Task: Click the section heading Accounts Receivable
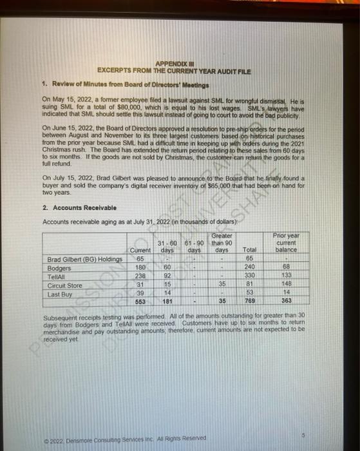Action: pos(81,208)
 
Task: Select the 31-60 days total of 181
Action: pos(165,299)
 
